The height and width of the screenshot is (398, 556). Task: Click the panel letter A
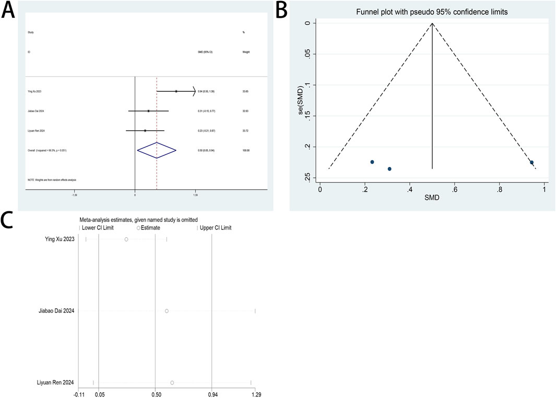click(x=9, y=10)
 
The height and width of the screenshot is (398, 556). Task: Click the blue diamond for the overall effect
click(x=157, y=150)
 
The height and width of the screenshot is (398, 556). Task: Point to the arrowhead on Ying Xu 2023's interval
click(x=194, y=91)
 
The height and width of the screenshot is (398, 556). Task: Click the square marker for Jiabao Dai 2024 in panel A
click(x=148, y=111)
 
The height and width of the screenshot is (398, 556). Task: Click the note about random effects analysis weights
click(x=52, y=180)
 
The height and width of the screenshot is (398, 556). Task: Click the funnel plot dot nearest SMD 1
click(x=531, y=163)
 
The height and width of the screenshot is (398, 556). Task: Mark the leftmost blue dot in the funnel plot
click(x=372, y=162)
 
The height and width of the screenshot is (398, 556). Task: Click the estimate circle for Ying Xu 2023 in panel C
click(x=126, y=239)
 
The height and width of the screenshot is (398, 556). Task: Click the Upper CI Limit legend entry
click(x=215, y=228)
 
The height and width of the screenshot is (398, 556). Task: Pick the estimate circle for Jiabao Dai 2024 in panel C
click(x=167, y=311)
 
